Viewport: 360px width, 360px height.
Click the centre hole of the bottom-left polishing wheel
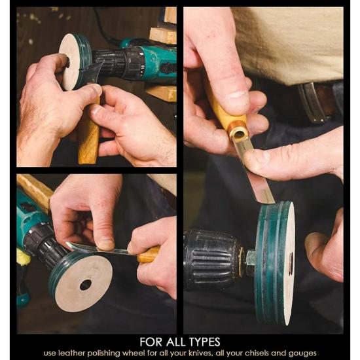click(86, 285)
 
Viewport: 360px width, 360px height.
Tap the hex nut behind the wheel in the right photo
click(251, 261)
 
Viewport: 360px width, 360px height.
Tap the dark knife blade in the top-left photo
click(92, 72)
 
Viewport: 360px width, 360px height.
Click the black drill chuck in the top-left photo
click(119, 62)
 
